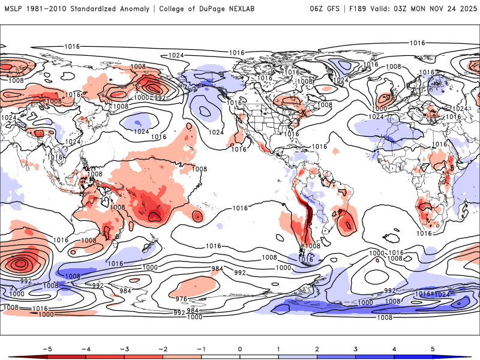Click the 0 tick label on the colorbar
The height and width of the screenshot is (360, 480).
[x=240, y=348]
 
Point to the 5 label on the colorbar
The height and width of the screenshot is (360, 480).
[x=433, y=348]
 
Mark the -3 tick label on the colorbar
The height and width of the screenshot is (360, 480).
[x=124, y=348]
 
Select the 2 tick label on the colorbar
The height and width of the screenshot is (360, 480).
[x=317, y=348]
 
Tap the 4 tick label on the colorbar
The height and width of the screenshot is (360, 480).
[x=395, y=348]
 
